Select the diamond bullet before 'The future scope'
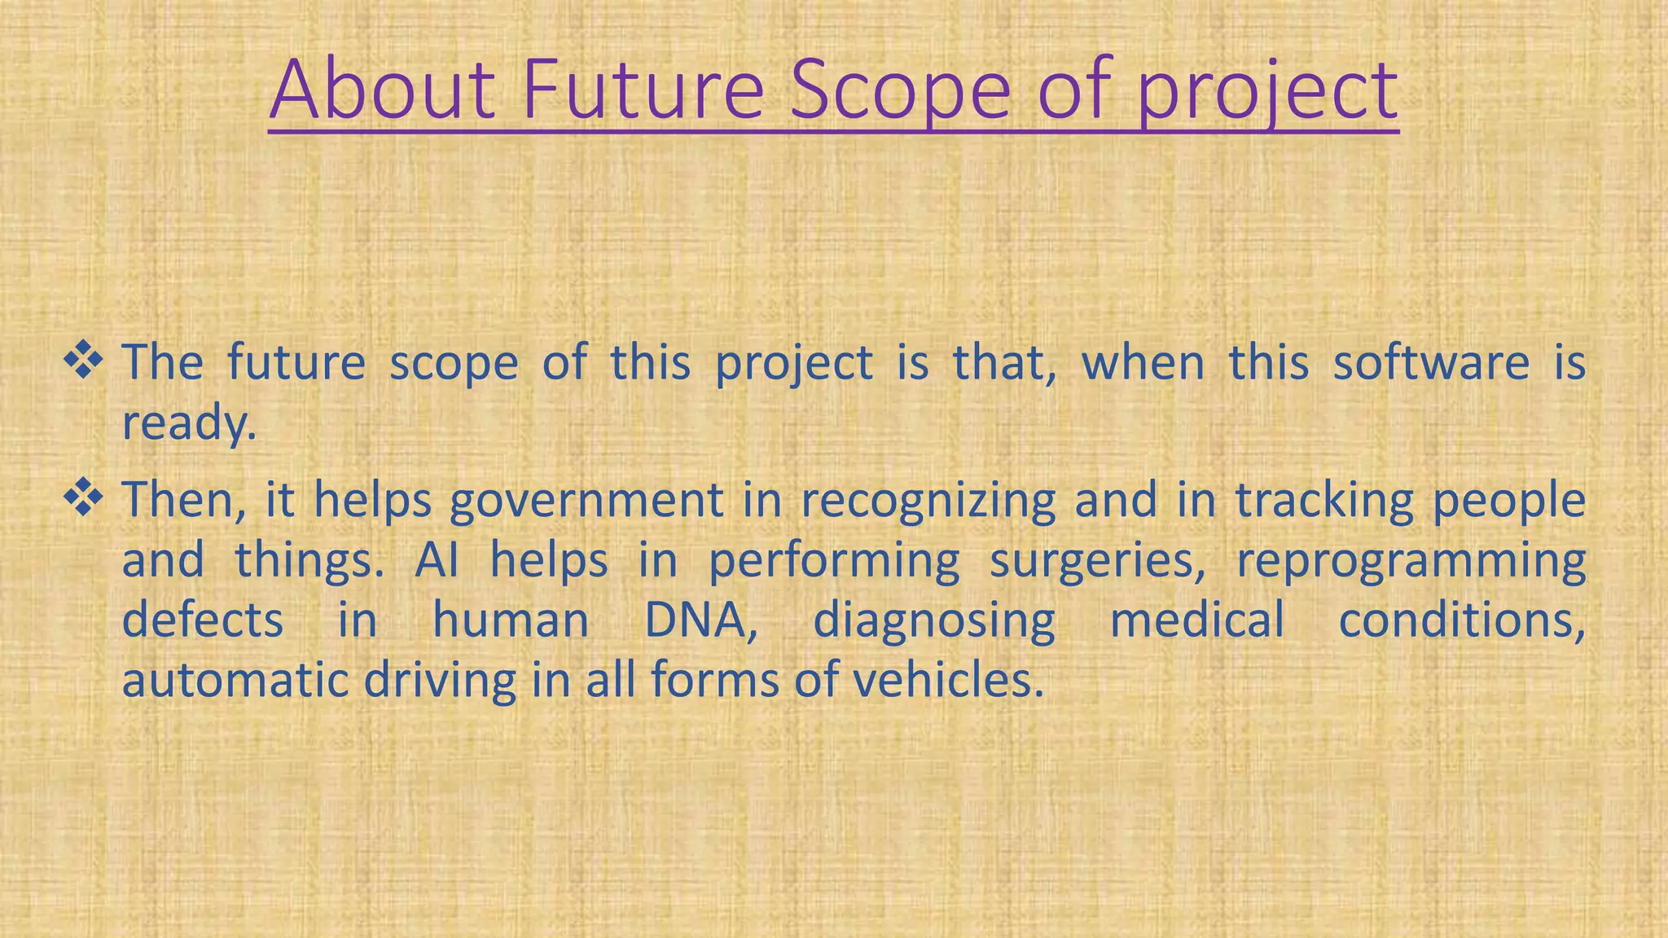[x=83, y=361]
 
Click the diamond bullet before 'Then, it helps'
[x=83, y=497]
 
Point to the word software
[x=1431, y=362]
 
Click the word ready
[x=188, y=423]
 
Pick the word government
[x=586, y=501]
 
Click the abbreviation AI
[x=437, y=560]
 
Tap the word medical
[x=1197, y=620]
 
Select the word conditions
[x=1461, y=620]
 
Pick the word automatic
[x=235, y=681]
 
